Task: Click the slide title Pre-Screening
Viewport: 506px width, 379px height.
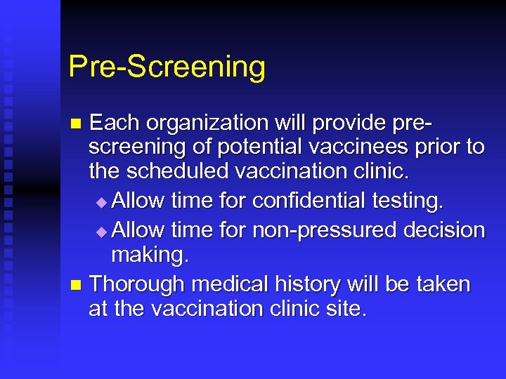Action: point(167,67)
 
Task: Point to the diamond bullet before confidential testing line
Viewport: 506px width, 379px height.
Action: point(103,202)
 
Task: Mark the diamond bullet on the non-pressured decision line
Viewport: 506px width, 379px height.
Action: point(103,230)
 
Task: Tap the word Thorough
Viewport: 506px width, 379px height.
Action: point(138,284)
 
